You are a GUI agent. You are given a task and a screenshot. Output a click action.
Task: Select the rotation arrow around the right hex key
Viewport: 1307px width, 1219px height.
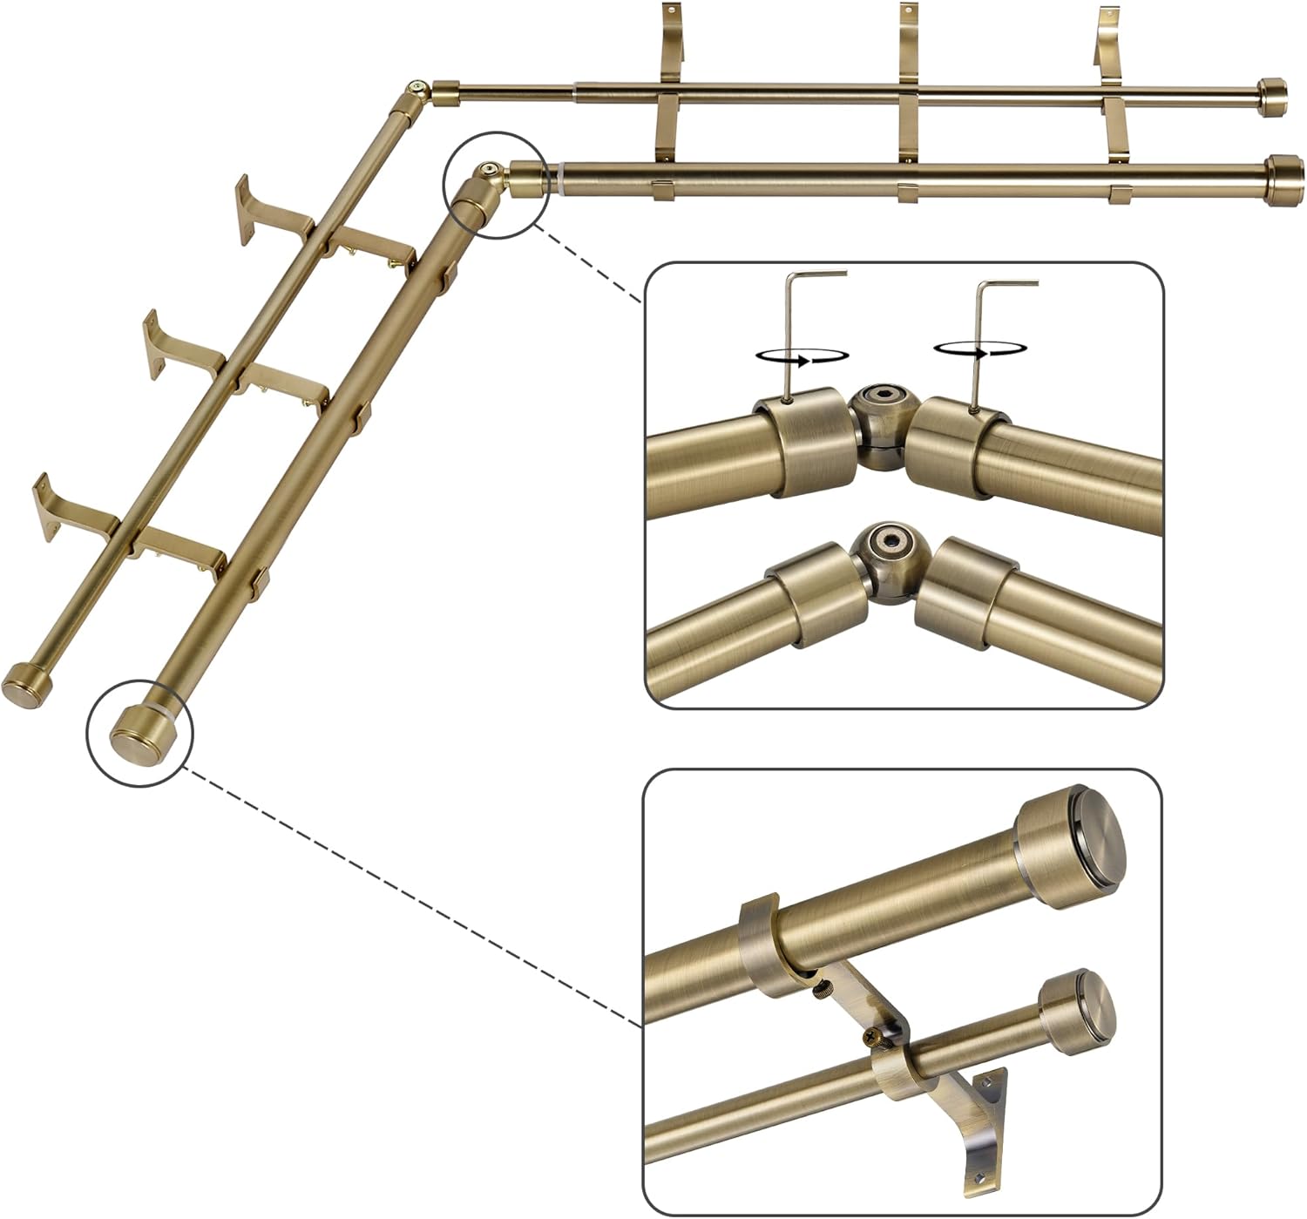coord(977,349)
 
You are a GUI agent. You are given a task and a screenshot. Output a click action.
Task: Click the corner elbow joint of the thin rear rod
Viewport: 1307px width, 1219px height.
coord(418,92)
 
